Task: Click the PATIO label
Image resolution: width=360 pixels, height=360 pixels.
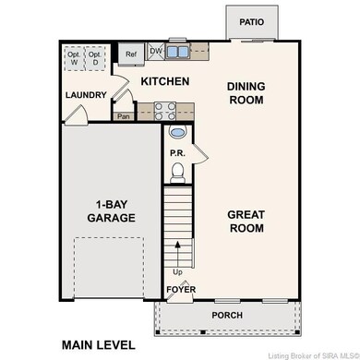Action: (251, 21)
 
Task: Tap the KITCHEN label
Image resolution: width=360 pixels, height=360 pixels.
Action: (164, 82)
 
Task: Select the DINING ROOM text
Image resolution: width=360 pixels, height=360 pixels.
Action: (246, 93)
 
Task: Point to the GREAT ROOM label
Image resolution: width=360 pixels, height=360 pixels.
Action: (246, 221)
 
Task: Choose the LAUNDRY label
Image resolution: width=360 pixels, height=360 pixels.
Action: (85, 95)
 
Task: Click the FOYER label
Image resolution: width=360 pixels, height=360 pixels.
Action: (180, 290)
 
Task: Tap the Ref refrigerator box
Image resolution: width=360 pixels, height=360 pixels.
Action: (130, 55)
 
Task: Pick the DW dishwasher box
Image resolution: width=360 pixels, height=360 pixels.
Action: (156, 51)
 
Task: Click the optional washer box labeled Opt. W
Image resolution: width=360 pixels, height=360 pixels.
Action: (74, 57)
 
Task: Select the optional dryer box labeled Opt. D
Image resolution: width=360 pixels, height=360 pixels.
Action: (96, 57)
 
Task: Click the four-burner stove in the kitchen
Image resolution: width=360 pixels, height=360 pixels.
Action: (164, 111)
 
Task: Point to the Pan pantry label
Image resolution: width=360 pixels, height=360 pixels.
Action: (123, 116)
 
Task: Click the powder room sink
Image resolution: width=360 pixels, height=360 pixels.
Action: (178, 133)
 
